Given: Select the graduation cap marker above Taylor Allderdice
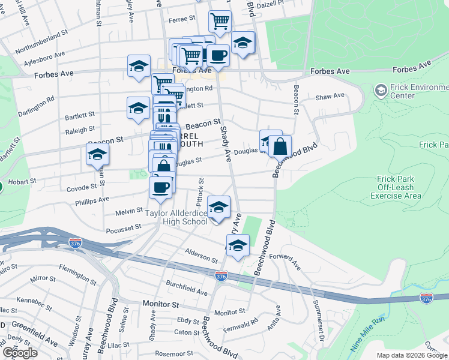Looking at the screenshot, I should pyautogui.click(x=218, y=207).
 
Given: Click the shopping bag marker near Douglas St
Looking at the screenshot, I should pyautogui.click(x=280, y=146).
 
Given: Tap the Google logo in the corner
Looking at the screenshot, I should pyautogui.click(x=19, y=353).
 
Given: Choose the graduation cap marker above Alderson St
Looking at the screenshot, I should pyautogui.click(x=238, y=246).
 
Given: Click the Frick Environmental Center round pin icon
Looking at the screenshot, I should pyautogui.click(x=380, y=91).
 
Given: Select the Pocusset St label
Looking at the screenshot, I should pyautogui.click(x=122, y=229).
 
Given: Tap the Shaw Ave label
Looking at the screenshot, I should pyautogui.click(x=330, y=96).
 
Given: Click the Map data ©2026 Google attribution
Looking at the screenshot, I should pyautogui.click(x=411, y=355).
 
